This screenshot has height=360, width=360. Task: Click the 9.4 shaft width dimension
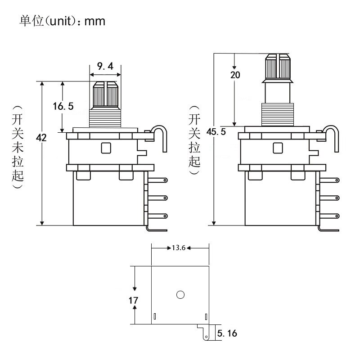click(105, 67)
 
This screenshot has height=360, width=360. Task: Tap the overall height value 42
click(41, 138)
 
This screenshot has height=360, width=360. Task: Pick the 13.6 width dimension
click(179, 248)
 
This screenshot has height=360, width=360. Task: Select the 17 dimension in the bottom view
click(134, 300)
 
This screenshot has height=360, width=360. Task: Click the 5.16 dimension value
click(227, 333)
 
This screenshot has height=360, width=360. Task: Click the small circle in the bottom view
click(180, 295)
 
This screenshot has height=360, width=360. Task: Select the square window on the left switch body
click(106, 148)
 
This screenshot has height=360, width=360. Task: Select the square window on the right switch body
click(278, 148)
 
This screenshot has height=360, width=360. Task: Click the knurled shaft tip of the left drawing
click(106, 94)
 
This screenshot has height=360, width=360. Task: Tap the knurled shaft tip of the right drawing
click(278, 66)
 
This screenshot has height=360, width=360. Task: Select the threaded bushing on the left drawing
click(106, 117)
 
